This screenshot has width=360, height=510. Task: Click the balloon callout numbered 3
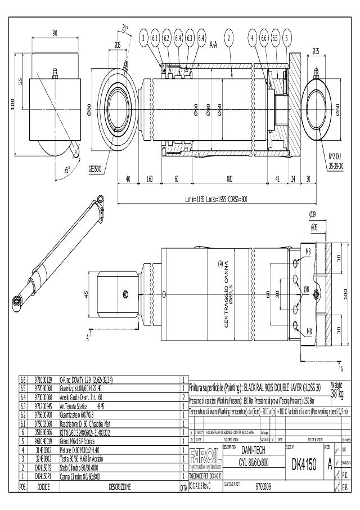(144, 38)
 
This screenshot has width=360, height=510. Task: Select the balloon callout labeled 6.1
(155, 38)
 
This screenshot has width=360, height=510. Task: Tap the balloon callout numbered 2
(228, 38)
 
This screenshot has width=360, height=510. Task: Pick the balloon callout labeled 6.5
(274, 38)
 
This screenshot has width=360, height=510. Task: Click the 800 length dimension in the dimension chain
(230, 179)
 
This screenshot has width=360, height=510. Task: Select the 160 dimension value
(150, 179)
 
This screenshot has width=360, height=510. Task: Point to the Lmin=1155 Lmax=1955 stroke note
(217, 199)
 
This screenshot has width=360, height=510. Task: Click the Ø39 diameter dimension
(313, 214)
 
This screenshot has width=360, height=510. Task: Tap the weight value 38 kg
(339, 392)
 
